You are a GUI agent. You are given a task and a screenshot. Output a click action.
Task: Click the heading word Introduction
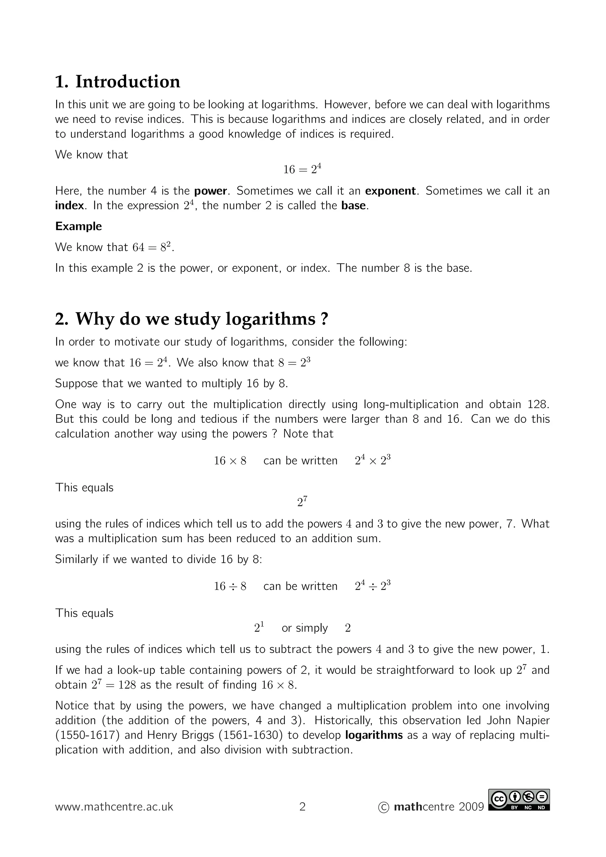point(128,82)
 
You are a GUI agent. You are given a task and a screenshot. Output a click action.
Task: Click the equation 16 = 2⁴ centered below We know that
point(302,169)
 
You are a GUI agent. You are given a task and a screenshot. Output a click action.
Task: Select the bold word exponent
point(390,191)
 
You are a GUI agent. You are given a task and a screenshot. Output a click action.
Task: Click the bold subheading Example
point(78,226)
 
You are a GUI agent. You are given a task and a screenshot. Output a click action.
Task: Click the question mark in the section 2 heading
point(324,319)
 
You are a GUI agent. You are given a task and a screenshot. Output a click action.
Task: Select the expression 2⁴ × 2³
point(373,461)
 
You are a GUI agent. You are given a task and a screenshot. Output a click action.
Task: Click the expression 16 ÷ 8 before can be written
point(230,586)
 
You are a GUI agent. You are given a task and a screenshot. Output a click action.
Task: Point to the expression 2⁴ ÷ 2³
point(373,586)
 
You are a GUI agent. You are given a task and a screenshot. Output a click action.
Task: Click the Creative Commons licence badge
point(519,800)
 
